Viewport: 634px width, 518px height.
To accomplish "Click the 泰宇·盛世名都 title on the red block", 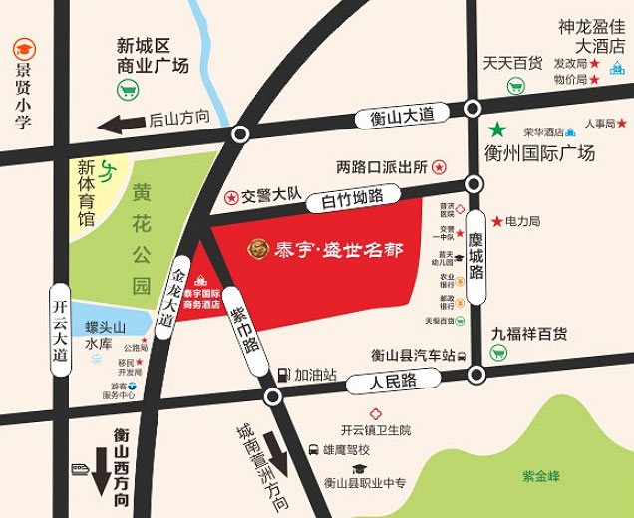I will (325, 248).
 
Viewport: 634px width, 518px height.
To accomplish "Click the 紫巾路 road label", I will (242, 329).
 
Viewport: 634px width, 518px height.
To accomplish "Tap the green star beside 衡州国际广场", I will (496, 129).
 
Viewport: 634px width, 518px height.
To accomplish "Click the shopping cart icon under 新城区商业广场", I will (127, 91).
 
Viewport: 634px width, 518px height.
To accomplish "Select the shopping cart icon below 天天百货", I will (515, 87).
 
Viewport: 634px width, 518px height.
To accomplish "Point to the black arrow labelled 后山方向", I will (120, 126).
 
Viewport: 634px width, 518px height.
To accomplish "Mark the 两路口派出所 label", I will (382, 166).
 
